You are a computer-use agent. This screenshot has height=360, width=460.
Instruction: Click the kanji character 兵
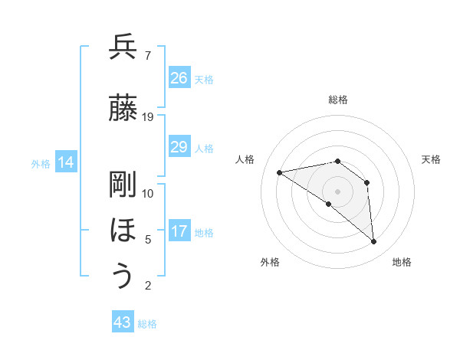pos(123,47)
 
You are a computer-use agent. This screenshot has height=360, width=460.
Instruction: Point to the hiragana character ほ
pos(123,230)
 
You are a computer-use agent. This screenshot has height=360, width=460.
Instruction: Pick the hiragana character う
pos(123,276)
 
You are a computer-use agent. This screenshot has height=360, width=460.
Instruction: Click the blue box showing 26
pos(179,77)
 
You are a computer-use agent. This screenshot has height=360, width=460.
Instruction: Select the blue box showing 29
pos(179,147)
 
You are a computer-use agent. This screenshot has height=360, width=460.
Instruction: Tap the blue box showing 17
pos(179,232)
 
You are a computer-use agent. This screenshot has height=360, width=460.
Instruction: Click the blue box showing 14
pos(65,162)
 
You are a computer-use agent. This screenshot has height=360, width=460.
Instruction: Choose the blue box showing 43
pos(123,322)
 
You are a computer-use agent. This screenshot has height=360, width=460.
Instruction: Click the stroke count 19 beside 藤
pos(148,117)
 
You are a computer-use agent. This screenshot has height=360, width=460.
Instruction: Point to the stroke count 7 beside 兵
pos(147,56)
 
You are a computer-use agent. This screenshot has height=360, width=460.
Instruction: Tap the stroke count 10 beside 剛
pos(148,193)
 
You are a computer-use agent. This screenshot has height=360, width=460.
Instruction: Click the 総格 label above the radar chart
pos(338,100)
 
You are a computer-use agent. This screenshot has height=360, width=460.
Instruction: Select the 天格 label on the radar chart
pos(431,159)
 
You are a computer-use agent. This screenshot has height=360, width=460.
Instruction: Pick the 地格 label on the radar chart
pos(402,262)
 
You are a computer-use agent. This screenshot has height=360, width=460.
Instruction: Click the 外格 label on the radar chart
pos(270,262)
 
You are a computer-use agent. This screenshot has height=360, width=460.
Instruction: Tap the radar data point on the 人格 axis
pos(280,172)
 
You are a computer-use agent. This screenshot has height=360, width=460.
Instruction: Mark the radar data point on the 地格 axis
pos(374,242)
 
